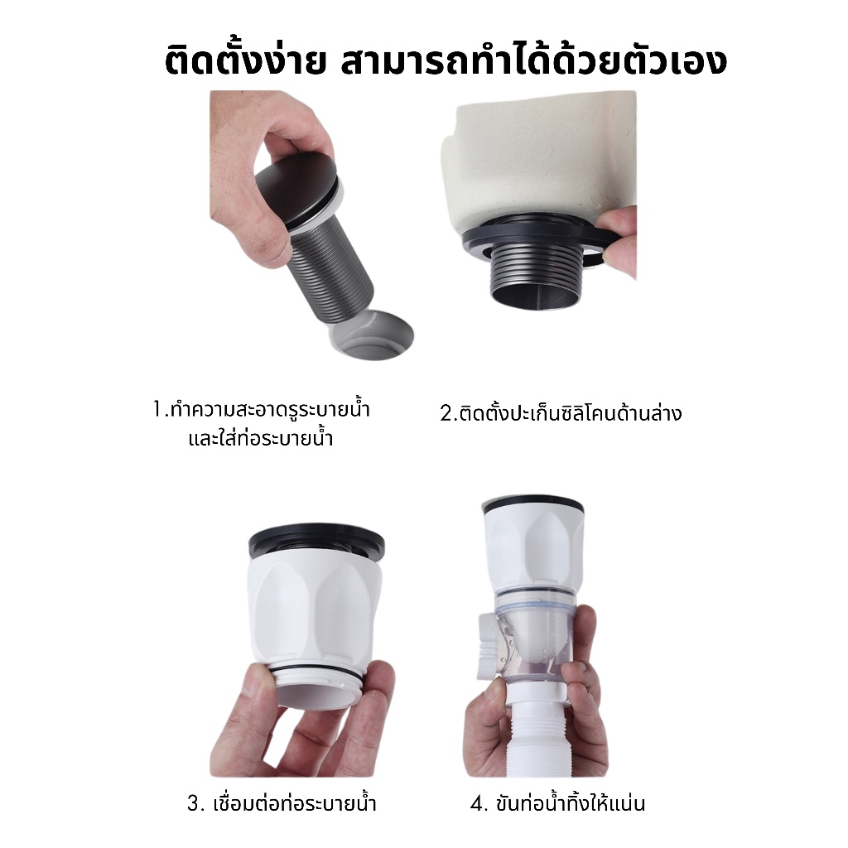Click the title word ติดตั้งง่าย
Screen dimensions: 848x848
pyautogui.click(x=244, y=60)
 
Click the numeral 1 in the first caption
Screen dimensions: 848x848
pyautogui.click(x=157, y=409)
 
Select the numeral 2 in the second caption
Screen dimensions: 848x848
pyautogui.click(x=446, y=414)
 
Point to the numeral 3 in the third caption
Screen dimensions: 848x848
pyautogui.click(x=194, y=803)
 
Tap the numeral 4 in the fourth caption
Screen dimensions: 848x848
pyautogui.click(x=477, y=803)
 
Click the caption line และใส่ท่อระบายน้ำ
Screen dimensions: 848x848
pyautogui.click(x=261, y=437)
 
